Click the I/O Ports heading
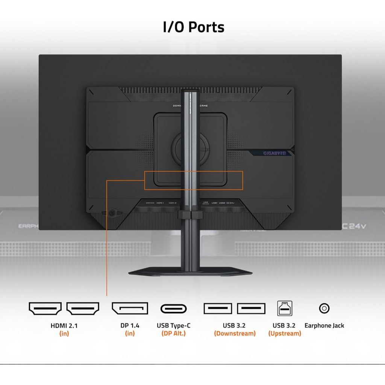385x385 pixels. (194, 27)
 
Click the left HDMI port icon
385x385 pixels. (45, 308)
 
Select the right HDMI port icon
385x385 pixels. (83, 308)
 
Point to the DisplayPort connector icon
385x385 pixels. (130, 308)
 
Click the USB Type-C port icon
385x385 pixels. (173, 309)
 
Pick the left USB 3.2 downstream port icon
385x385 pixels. (218, 308)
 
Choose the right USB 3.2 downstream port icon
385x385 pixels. (251, 308)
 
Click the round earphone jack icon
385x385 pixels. (324, 308)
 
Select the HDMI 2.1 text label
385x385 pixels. (64, 326)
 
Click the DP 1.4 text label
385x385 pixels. (130, 326)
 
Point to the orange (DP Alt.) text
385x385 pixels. (173, 333)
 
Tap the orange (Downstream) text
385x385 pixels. (235, 333)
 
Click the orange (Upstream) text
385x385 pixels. (285, 333)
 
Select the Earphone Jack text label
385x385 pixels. (324, 326)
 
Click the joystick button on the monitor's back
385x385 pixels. (112, 213)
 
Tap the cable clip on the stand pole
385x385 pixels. (191, 215)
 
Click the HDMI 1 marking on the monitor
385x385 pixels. (160, 203)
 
